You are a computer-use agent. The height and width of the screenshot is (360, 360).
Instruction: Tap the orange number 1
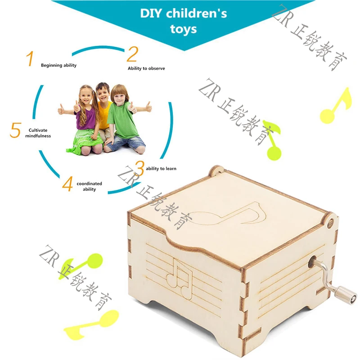tap(30, 59)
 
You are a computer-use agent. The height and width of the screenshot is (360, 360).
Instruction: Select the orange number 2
tap(132, 54)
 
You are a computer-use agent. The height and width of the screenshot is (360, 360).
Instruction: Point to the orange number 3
tap(139, 168)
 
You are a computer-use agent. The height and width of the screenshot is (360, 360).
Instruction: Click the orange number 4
tap(67, 184)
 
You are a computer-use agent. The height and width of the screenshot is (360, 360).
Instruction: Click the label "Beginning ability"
tap(58, 65)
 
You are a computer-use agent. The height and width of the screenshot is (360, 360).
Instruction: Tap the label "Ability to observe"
tap(146, 68)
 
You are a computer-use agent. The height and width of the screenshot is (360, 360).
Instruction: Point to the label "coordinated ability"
tap(89, 186)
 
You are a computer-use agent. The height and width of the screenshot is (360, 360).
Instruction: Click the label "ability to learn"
tap(161, 169)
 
